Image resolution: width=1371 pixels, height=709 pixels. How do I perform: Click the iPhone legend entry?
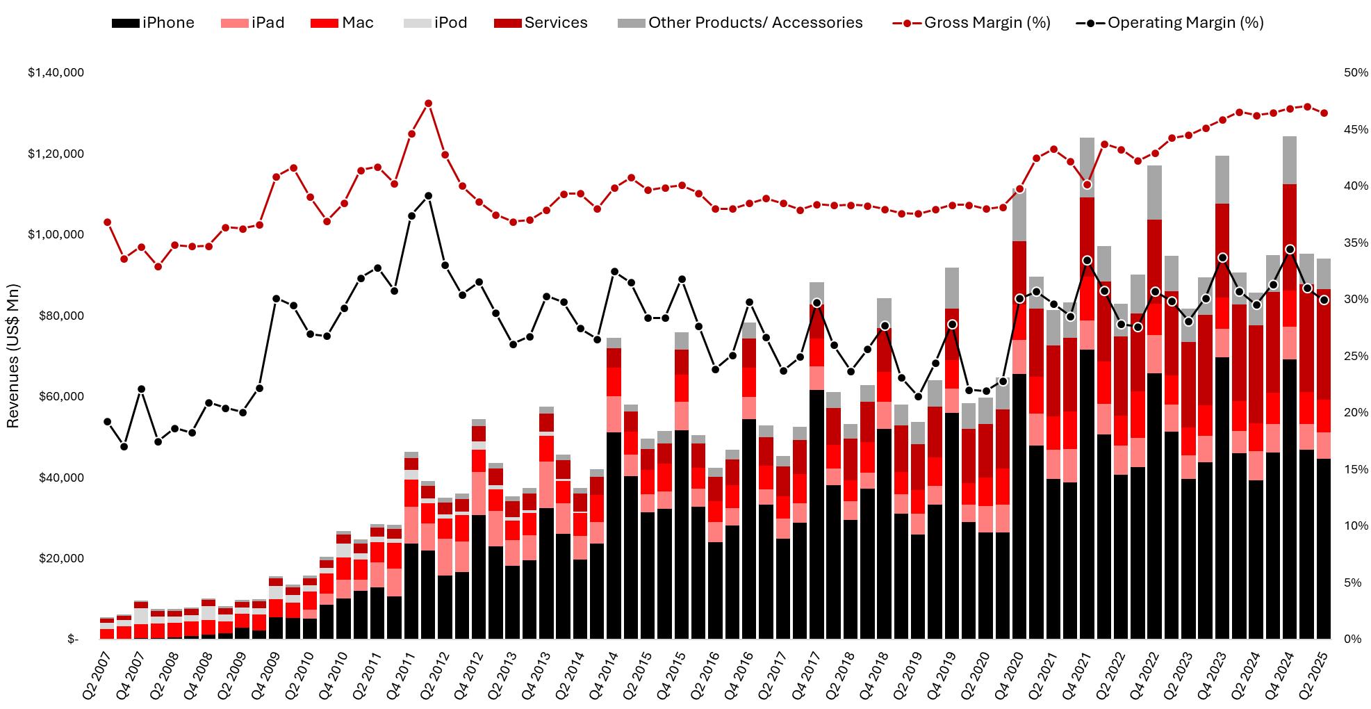153,23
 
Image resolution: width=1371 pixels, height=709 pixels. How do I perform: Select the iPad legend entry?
252,23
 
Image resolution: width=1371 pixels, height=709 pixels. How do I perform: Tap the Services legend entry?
541,23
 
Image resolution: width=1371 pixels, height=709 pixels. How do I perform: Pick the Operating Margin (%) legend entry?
1170,23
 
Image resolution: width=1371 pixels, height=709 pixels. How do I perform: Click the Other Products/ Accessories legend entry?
740,23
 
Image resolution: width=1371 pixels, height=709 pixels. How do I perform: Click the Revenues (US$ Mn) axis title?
13,356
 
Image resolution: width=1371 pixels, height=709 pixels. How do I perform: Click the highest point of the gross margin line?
428,104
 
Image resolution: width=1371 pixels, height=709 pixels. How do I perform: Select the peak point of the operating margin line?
428,196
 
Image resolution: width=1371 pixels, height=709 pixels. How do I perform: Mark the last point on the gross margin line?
1324,113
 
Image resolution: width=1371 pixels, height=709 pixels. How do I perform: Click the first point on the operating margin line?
107,421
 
